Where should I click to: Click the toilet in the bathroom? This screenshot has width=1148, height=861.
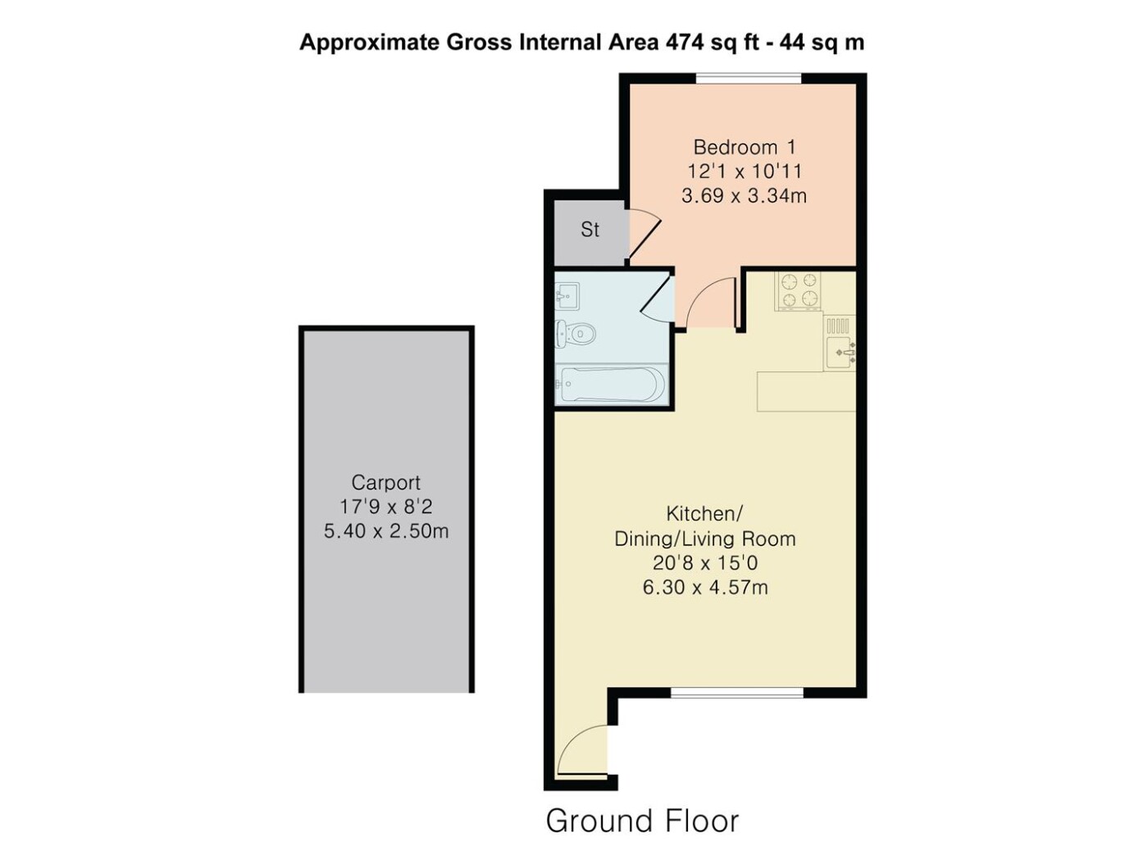576,333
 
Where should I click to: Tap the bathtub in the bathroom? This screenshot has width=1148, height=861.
609,385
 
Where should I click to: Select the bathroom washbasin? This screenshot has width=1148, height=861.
567,296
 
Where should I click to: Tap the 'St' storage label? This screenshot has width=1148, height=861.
590,230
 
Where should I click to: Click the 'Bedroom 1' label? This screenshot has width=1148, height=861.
745,147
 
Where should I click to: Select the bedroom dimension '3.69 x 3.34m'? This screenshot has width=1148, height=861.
744,195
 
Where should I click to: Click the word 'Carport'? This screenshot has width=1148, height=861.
385,482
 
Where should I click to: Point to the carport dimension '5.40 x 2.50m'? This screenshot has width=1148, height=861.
386,531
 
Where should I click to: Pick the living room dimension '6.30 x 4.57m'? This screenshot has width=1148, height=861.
705,588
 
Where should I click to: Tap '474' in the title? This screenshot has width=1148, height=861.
684,43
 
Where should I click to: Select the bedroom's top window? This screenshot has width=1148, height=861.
749,78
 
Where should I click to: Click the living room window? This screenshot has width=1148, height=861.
736,693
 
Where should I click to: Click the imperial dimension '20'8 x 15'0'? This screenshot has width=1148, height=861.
705,563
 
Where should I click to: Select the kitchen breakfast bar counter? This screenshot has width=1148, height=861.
806,391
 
